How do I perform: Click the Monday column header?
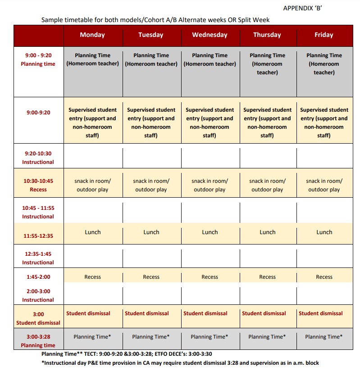(x=92, y=35)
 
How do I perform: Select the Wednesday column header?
(x=210, y=35)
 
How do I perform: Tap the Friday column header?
(x=324, y=35)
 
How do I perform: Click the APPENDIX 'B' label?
(x=303, y=8)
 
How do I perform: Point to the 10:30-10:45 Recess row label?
(x=38, y=185)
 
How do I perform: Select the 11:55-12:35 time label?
(x=38, y=236)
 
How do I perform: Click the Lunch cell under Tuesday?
(x=151, y=232)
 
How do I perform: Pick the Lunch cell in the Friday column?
(x=324, y=232)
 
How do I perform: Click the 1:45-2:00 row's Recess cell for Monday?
(x=93, y=277)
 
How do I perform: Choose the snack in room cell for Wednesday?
(x=210, y=185)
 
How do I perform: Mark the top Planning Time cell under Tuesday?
(x=151, y=60)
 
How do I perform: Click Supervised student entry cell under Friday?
(x=324, y=122)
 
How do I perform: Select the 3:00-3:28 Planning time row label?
(x=38, y=341)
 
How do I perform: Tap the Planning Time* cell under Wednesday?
(x=210, y=337)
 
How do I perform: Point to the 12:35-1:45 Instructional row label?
(x=38, y=258)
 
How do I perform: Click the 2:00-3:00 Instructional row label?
(x=38, y=295)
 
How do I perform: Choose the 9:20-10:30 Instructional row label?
(x=38, y=158)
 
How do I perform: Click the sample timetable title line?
(x=155, y=20)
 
